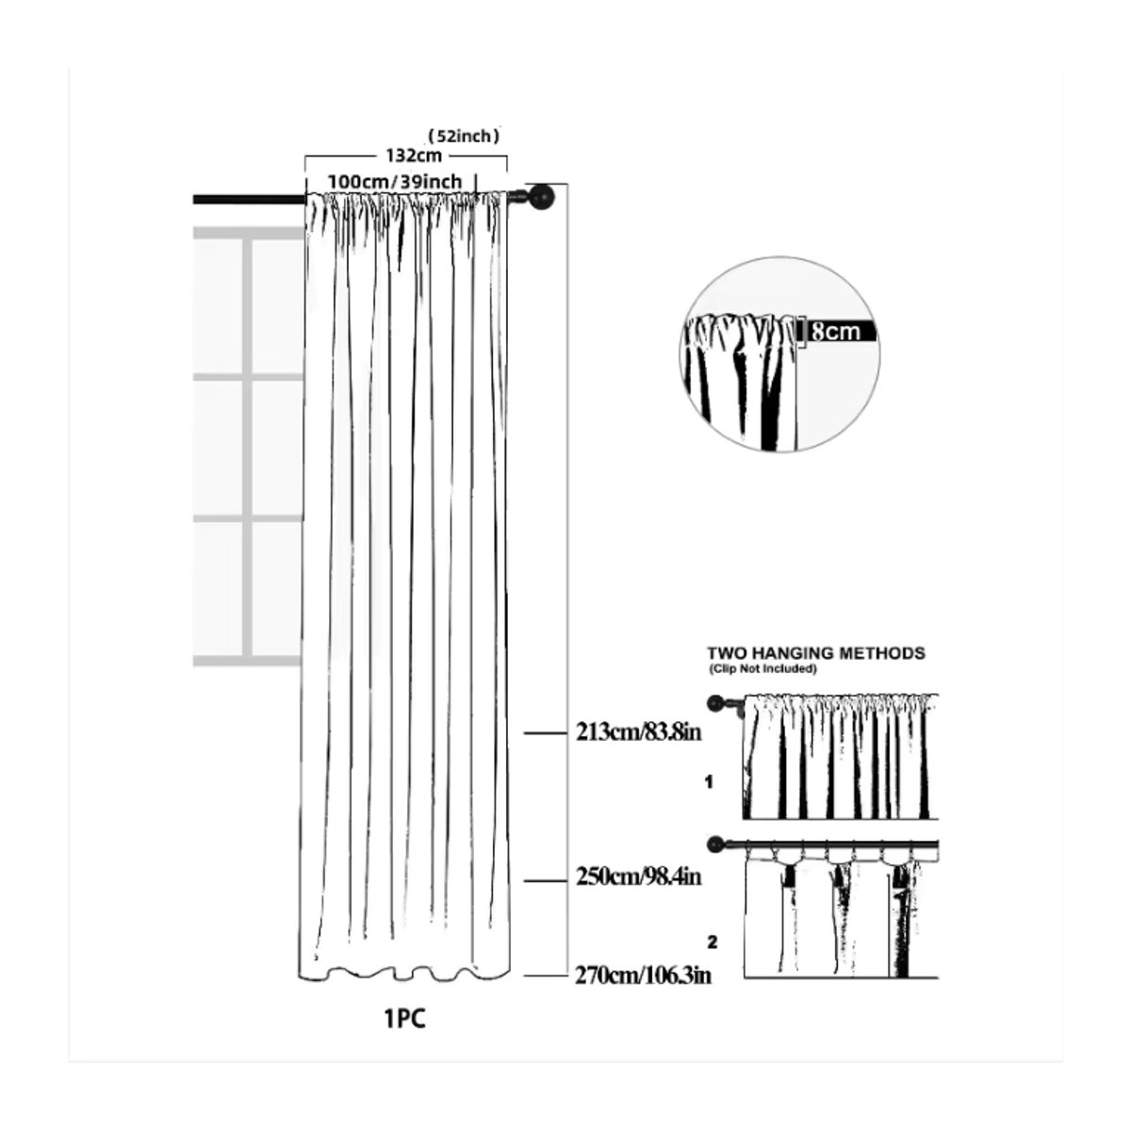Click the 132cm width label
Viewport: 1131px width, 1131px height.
[413, 156]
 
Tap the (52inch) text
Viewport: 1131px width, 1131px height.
[464, 136]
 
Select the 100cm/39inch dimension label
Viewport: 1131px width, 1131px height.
[394, 181]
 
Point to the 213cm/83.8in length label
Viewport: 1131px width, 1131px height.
[639, 732]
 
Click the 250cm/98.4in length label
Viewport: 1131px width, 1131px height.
[639, 877]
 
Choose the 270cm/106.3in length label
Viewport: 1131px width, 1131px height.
[643, 975]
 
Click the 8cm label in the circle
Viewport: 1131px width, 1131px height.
[836, 332]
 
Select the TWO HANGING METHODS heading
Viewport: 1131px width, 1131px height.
[816, 653]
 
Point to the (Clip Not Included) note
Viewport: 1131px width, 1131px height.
[762, 669]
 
